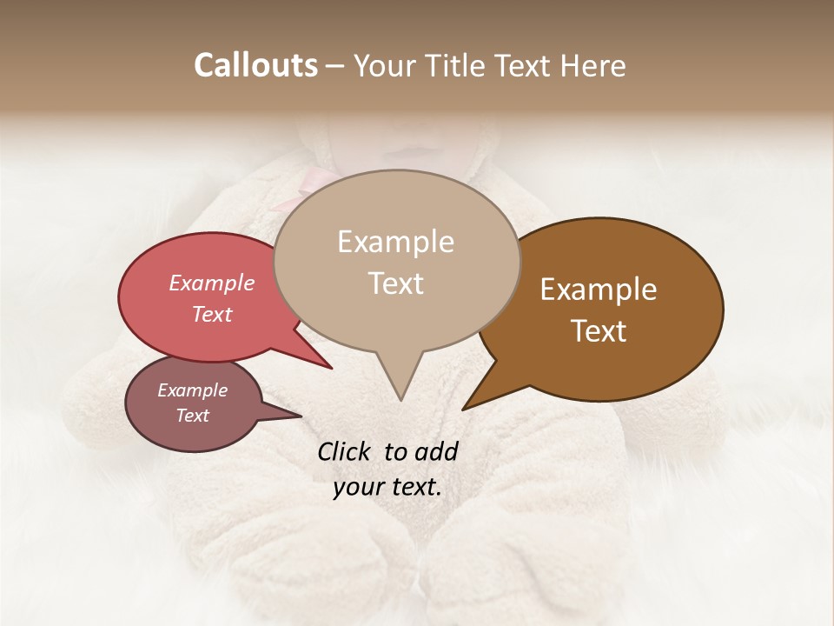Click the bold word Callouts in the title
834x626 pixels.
(x=255, y=65)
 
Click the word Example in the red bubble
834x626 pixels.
(x=211, y=283)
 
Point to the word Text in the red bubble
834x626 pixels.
(x=211, y=314)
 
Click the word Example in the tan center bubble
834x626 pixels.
(x=395, y=242)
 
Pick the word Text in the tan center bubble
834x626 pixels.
(x=395, y=283)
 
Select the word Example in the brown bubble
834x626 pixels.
(x=599, y=290)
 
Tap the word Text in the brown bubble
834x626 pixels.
(x=599, y=331)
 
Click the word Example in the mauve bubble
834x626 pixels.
(x=192, y=390)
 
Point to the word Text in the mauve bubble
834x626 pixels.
(x=192, y=416)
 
